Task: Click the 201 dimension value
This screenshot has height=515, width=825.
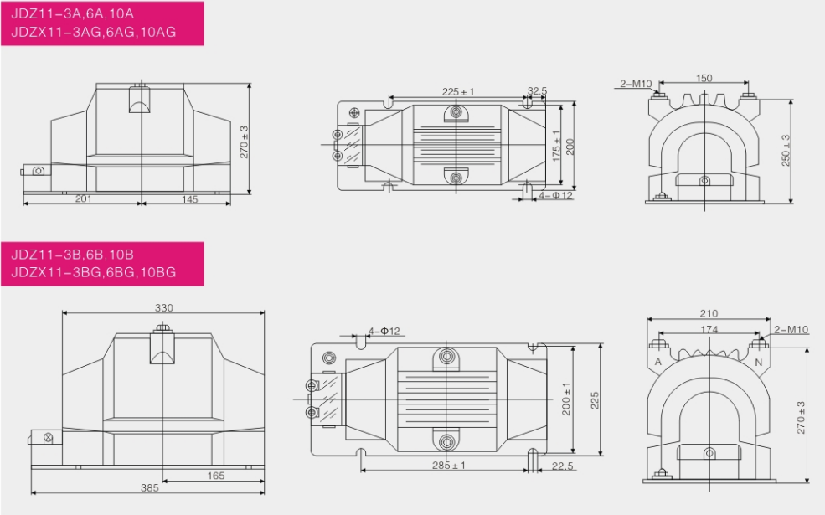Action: pos(83,198)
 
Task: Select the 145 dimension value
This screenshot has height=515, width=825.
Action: pos(189,199)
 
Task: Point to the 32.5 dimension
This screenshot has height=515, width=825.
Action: pos(537,91)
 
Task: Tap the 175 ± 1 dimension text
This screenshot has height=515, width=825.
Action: pos(556,146)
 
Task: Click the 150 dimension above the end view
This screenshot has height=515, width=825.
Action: pos(704,79)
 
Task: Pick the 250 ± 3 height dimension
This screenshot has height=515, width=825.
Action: pos(786,151)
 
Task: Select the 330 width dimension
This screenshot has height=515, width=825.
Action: pos(163,307)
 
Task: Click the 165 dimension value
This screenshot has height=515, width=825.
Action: pos(216,476)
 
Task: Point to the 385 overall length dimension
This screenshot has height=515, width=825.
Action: pos(149,487)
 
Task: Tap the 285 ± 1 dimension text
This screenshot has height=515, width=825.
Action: pos(449,465)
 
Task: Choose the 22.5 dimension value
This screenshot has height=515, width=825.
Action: pos(563,466)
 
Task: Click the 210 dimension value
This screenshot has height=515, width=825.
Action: pos(709,313)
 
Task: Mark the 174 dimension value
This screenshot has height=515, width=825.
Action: pos(709,329)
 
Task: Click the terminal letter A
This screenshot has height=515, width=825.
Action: pos(657,362)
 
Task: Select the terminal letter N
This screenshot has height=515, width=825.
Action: pos(758,362)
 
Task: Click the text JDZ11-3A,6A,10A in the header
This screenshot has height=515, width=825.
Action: pos(73,14)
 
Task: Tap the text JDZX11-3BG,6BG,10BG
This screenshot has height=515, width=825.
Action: pos(94,272)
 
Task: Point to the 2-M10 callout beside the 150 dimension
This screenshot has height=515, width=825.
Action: pos(636,84)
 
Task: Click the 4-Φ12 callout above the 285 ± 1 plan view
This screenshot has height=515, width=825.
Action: pos(384,331)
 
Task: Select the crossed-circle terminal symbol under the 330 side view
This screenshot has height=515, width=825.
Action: pos(48,438)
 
